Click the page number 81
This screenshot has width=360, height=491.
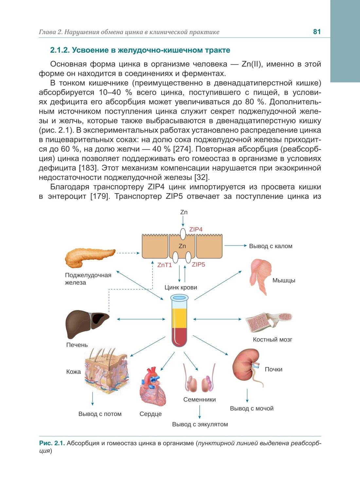tap(317, 32)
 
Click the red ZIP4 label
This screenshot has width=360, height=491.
tap(196, 229)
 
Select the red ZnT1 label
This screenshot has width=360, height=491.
tap(165, 265)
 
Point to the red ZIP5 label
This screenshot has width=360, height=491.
tap(198, 264)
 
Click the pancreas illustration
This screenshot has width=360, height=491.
tap(89, 257)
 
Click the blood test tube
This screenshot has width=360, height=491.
tap(179, 320)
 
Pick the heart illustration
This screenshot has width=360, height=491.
tap(152, 387)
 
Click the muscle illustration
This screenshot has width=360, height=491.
tap(261, 276)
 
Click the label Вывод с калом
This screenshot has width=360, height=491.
tap(271, 246)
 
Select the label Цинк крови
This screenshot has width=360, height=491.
tap(181, 287)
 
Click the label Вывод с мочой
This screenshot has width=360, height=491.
tap(252, 409)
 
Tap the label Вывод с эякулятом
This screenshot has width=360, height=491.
tap(200, 424)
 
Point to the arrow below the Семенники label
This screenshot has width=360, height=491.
tap(200, 411)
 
